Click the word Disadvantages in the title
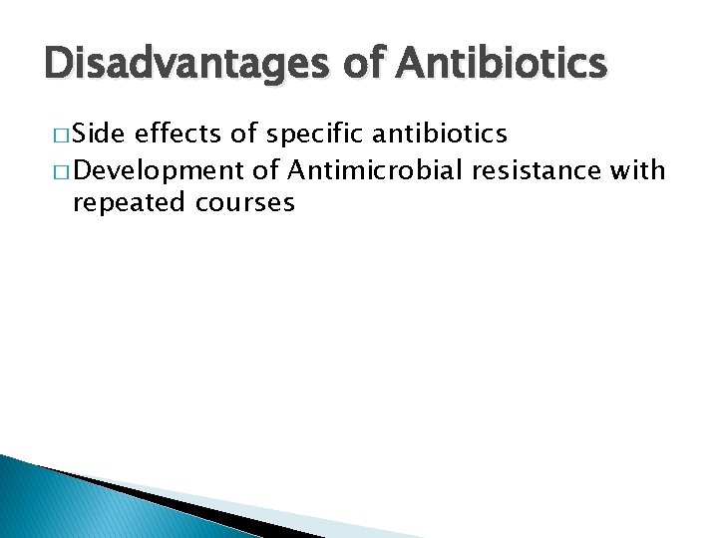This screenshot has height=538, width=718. pos(190,64)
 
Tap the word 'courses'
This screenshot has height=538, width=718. pos(245,203)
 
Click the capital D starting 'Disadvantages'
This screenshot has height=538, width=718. pos(59,64)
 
